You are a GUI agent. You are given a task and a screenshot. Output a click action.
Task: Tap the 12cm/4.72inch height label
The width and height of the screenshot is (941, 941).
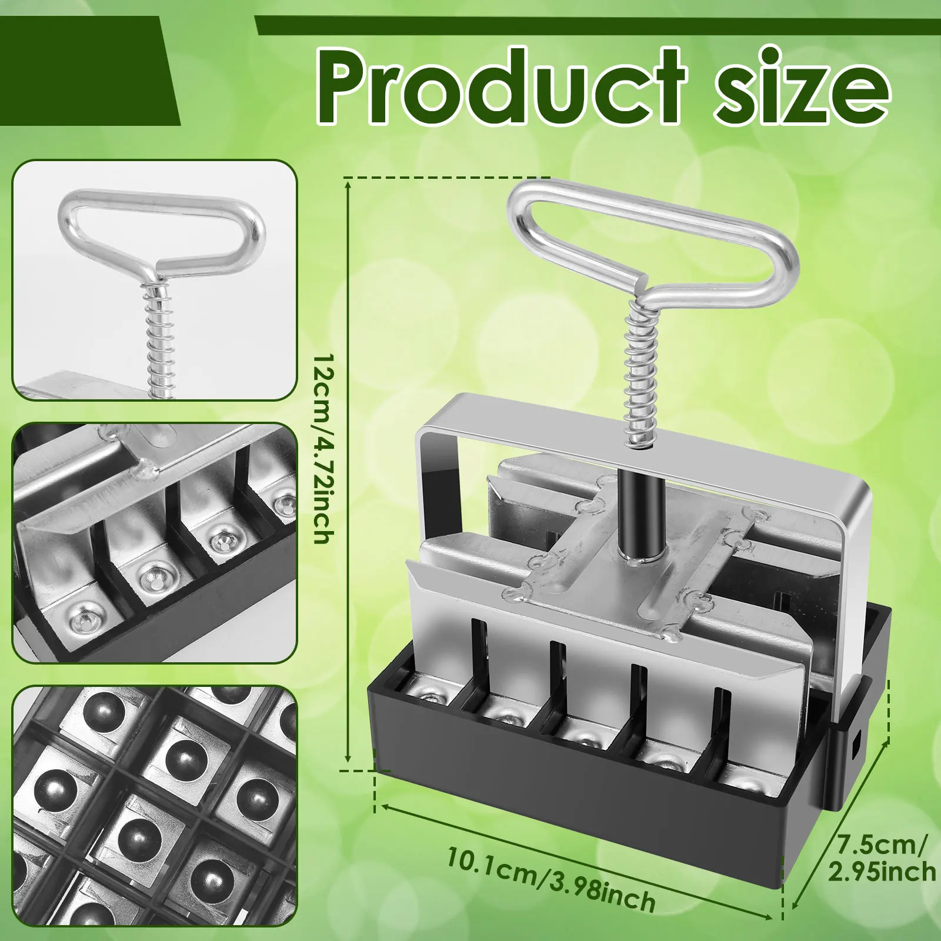324,448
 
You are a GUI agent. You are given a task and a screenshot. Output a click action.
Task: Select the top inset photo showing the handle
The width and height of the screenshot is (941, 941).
155,280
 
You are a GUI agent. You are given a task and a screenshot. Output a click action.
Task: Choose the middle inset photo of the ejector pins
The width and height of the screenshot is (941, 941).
155,542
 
